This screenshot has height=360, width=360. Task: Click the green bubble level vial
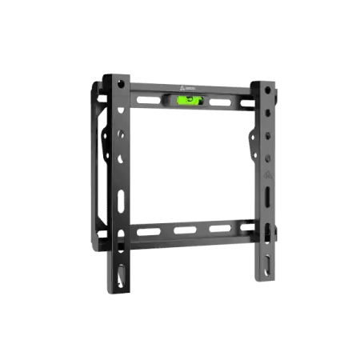click(x=190, y=100)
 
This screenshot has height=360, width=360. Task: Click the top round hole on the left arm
click(x=121, y=83)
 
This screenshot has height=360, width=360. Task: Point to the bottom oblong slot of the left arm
click(x=122, y=272)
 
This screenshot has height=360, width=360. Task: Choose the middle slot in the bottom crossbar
click(x=185, y=231)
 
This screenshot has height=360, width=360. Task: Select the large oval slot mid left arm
click(x=122, y=200)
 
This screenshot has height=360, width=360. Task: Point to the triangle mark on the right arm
click(x=267, y=174)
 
